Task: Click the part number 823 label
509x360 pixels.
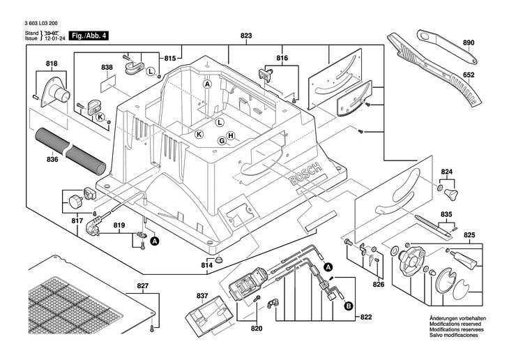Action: pos(246,36)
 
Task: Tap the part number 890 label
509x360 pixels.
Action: pos(469,43)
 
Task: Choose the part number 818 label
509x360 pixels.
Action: pos(52,64)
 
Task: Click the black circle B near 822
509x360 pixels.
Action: pos(349,306)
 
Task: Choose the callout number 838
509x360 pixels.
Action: pos(107,68)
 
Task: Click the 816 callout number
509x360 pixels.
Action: pos(282,58)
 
